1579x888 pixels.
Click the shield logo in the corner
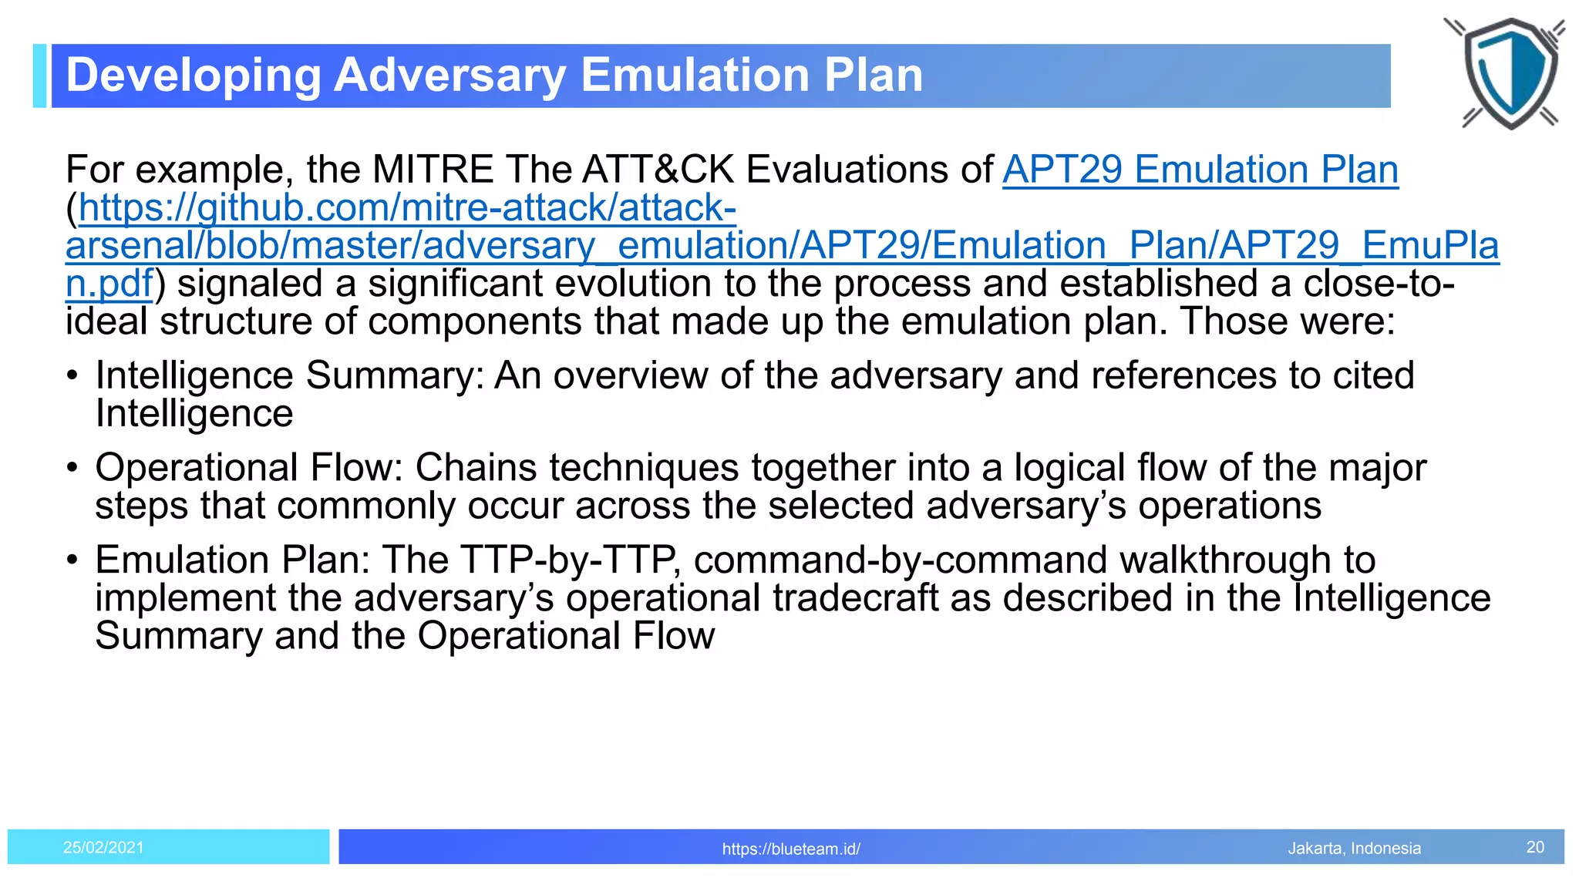[1510, 73]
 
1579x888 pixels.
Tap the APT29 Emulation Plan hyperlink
[1200, 170]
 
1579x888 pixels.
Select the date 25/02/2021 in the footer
[103, 847]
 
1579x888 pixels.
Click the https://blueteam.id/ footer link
[790, 849]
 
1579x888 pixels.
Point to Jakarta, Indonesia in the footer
[1354, 848]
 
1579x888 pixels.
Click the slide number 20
[1534, 847]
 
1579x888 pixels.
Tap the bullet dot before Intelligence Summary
[72, 377]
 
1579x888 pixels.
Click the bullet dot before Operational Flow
[72, 469]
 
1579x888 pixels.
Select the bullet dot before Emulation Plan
[72, 560]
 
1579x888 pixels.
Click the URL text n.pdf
[109, 284]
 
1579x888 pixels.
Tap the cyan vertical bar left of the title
[39, 76]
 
